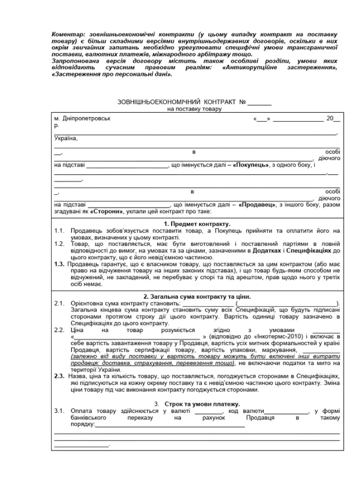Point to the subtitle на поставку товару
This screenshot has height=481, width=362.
coord(194,109)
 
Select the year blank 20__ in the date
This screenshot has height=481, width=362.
coord(333,119)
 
